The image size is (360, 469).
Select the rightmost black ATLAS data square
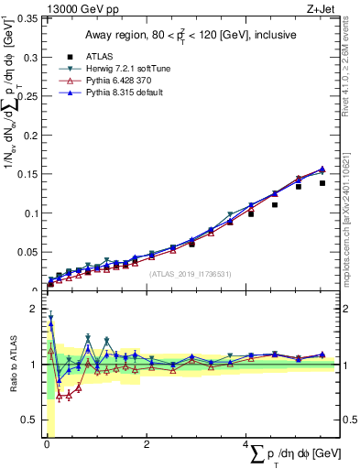click(322, 183)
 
